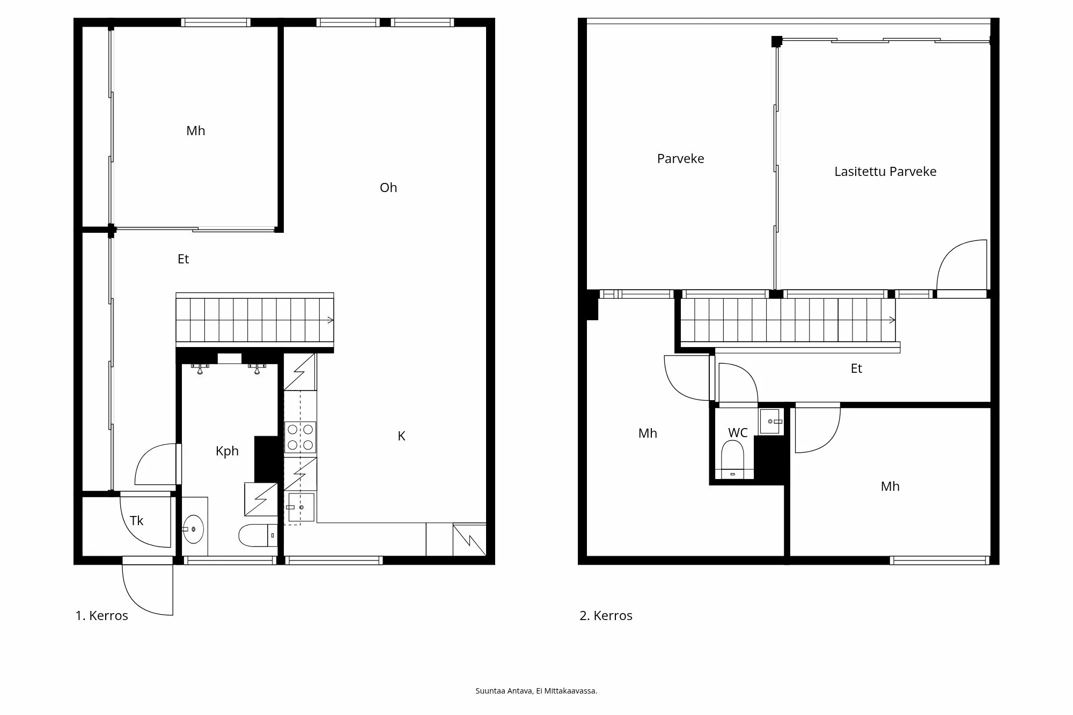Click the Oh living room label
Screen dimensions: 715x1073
pyautogui.click(x=388, y=188)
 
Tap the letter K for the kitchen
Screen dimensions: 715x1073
pyautogui.click(x=401, y=437)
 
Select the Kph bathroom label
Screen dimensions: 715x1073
pyautogui.click(x=227, y=451)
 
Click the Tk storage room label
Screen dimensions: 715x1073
pyautogui.click(x=137, y=521)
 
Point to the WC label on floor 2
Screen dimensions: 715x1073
pyautogui.click(x=738, y=433)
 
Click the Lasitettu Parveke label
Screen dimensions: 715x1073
pyautogui.click(x=885, y=172)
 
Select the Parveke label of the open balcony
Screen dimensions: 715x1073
pyautogui.click(x=680, y=159)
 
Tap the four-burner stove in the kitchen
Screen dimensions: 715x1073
pyautogui.click(x=300, y=437)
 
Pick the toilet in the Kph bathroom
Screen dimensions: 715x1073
pyautogui.click(x=256, y=535)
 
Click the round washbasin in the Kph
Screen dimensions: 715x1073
pyautogui.click(x=193, y=529)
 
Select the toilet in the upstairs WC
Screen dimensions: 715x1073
pyautogui.click(x=732, y=459)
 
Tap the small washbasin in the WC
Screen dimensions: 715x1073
pyautogui.click(x=770, y=422)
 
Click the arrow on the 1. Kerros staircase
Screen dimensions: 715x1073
pyautogui.click(x=330, y=320)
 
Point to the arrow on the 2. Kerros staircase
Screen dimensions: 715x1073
pyautogui.click(x=892, y=320)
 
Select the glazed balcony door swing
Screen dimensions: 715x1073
pyautogui.click(x=963, y=266)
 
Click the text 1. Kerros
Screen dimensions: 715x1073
pyautogui.click(x=102, y=616)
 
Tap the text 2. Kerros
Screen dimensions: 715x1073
pyautogui.click(x=606, y=616)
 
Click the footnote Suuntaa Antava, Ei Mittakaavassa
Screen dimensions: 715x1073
pyautogui.click(x=536, y=691)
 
